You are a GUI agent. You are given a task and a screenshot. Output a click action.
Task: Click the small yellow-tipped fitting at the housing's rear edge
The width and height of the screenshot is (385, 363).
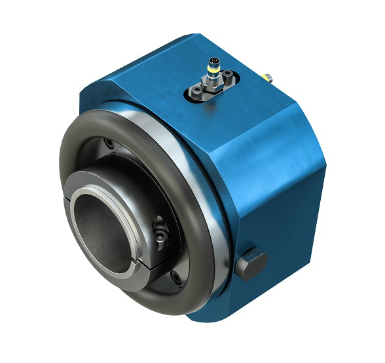[x=268, y=76]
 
